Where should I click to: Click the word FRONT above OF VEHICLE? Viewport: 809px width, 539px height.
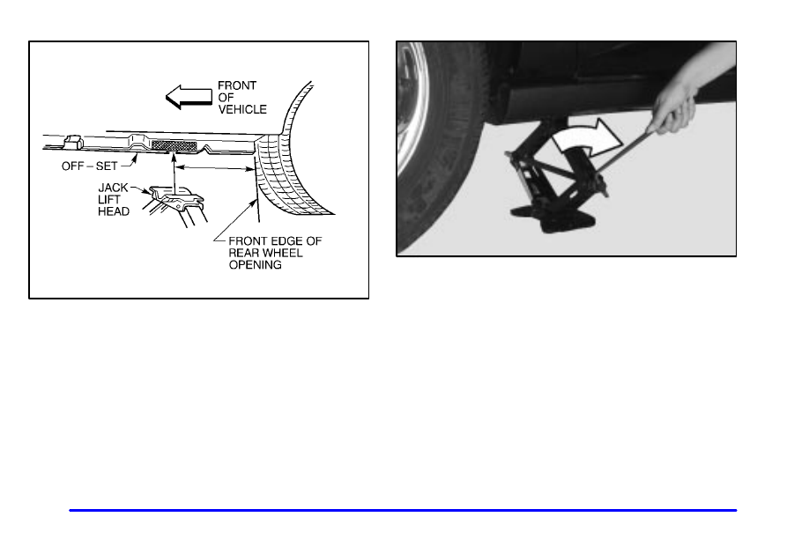coord(237,85)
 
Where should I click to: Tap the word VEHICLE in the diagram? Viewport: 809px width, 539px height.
coord(242,109)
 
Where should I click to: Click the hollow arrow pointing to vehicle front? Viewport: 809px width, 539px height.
coord(189,97)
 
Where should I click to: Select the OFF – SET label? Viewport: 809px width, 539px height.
coord(90,166)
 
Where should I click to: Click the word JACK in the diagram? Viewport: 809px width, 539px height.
coord(113,188)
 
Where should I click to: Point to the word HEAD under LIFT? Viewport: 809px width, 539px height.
coord(114,211)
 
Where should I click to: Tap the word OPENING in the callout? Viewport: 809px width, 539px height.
coord(256,264)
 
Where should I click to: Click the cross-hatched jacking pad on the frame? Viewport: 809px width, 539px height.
coord(174,146)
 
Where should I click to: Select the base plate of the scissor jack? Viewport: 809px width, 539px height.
coord(552,216)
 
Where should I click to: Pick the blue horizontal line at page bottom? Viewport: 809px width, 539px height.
coord(403,510)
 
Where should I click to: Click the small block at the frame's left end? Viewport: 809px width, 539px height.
coord(72,142)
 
